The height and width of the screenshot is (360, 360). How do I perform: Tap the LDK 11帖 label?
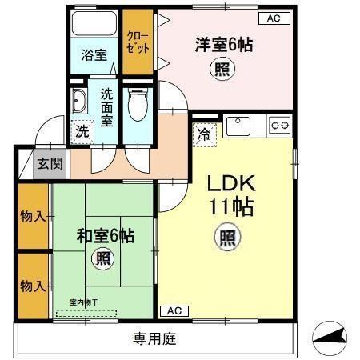tap(231, 194)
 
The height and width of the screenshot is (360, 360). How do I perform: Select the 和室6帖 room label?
tap(105, 236)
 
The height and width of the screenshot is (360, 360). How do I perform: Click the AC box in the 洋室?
tap(274, 18)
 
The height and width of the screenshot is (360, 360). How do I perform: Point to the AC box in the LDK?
tap(175, 310)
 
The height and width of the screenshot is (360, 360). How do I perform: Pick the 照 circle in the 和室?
tap(104, 258)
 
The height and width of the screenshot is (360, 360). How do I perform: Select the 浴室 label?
tap(94, 55)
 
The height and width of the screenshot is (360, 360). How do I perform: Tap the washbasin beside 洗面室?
tap(79, 102)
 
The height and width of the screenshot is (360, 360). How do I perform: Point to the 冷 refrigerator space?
tap(205, 134)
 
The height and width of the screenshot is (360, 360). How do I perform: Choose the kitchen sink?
tap(239, 126)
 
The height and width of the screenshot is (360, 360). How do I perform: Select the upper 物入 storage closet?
tap(32, 217)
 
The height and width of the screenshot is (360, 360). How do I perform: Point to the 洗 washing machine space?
tap(82, 131)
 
